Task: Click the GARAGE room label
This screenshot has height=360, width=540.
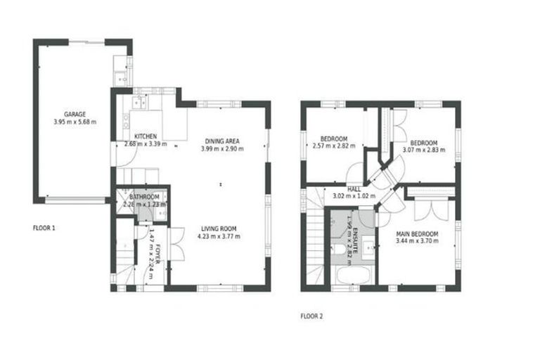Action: tap(75, 114)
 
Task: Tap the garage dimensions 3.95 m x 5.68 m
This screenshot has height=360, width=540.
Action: tap(75, 122)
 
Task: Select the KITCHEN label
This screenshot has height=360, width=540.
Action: tap(145, 136)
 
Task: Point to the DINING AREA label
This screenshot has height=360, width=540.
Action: tap(222, 141)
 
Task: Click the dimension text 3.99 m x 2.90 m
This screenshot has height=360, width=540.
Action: tap(222, 149)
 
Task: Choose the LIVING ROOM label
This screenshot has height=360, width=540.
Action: tap(218, 229)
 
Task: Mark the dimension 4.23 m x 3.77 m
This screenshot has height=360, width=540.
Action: tap(218, 237)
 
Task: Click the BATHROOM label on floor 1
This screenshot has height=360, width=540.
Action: tap(143, 196)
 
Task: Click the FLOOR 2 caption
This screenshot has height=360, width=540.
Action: tap(311, 316)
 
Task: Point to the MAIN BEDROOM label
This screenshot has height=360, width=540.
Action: tap(417, 233)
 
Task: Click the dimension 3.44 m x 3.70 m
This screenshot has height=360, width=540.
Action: tap(417, 241)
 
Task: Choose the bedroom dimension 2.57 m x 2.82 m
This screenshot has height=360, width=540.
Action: tap(334, 147)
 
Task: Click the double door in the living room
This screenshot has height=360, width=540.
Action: tap(176, 243)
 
